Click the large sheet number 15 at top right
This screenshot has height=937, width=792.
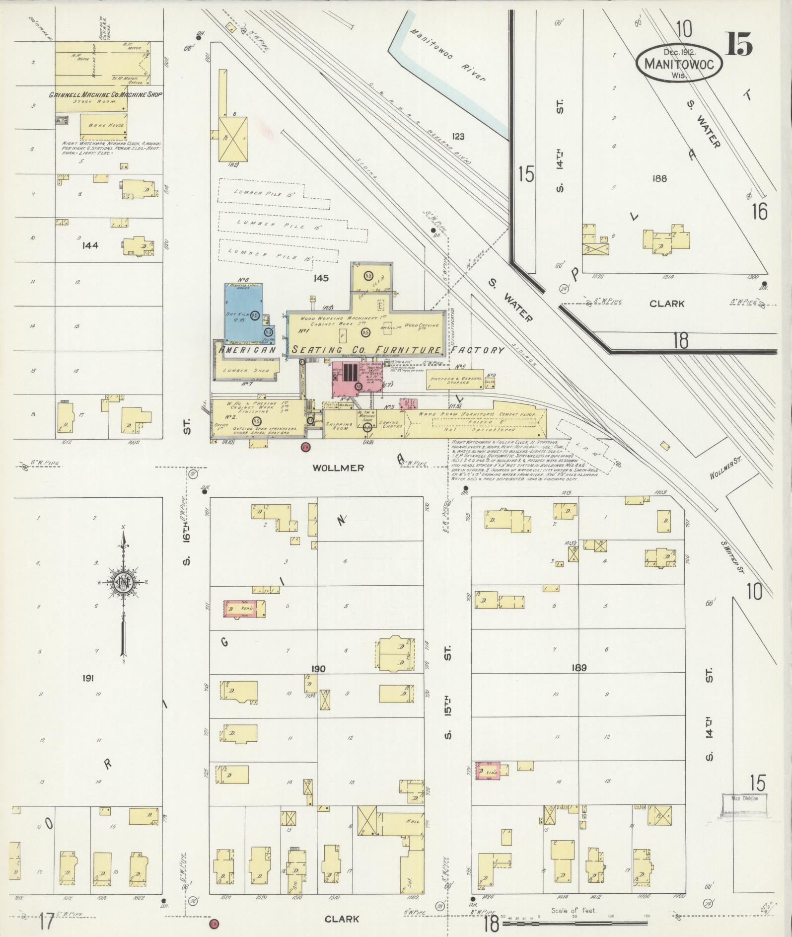tap(739, 45)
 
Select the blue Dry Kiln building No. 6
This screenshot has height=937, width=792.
tap(245, 312)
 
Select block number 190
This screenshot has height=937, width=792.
tap(318, 669)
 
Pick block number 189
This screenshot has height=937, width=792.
tap(579, 668)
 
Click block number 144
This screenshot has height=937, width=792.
tap(91, 245)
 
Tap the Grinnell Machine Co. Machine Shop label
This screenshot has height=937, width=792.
tap(105, 94)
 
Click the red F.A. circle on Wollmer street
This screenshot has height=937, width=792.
tap(306, 447)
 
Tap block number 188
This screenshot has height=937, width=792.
tap(660, 178)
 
